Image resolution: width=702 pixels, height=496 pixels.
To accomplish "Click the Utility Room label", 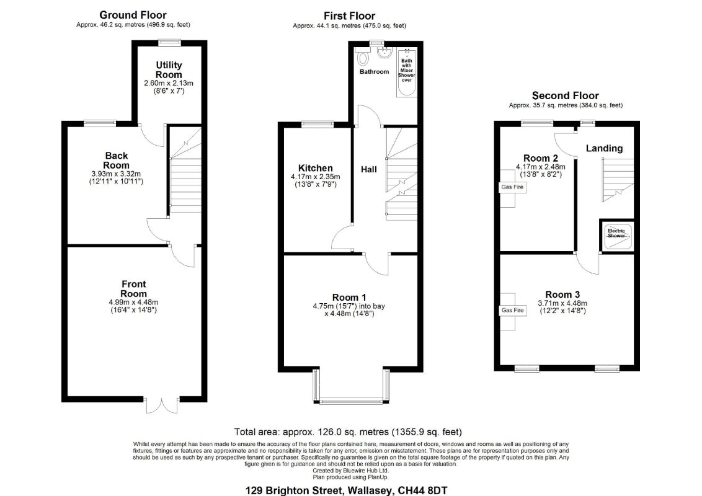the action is (x=169, y=70).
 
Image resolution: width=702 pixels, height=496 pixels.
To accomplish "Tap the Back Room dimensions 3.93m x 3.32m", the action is (x=116, y=174).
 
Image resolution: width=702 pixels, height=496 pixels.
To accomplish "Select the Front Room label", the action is (x=133, y=289).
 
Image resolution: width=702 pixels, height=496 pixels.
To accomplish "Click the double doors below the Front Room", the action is (x=162, y=405).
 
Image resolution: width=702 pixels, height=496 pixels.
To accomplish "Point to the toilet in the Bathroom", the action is (x=363, y=58).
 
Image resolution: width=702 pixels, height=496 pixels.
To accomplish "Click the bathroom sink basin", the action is (x=384, y=54).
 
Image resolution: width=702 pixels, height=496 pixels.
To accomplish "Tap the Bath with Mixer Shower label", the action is (x=407, y=70).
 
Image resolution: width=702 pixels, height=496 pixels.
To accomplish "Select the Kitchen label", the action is (x=315, y=168).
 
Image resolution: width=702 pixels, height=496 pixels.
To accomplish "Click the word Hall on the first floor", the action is (x=369, y=169).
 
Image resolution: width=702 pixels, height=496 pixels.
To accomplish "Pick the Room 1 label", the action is (x=349, y=297).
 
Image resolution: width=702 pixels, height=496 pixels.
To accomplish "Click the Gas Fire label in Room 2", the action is (x=512, y=187).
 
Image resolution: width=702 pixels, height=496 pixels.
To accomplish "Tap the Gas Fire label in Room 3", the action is (x=513, y=310).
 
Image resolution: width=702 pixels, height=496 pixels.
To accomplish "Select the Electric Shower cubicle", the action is (x=617, y=235).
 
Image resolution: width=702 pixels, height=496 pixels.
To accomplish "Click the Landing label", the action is (x=605, y=148).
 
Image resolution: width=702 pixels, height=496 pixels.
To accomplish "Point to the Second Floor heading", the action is (x=566, y=95).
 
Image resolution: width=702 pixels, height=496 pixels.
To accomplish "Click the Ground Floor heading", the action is (x=133, y=15).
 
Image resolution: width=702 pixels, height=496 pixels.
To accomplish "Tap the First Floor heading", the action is (x=350, y=15).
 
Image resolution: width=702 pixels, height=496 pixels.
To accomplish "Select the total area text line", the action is (x=348, y=432).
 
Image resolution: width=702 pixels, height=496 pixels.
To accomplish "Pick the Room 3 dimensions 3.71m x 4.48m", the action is (x=562, y=303).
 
